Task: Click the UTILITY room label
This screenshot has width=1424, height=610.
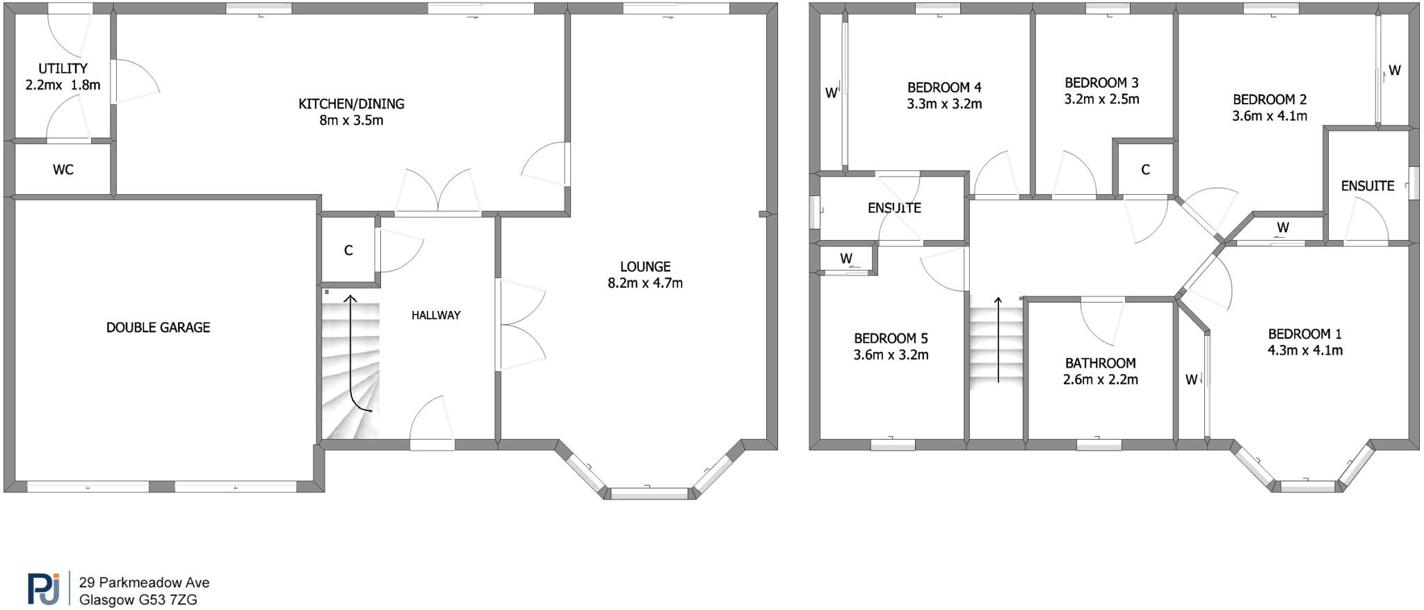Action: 63,68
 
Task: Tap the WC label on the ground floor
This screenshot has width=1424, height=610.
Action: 63,170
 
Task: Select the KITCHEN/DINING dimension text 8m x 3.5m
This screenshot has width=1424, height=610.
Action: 351,120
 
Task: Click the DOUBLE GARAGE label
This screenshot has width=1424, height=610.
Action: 158,328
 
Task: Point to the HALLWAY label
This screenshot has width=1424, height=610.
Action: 436,315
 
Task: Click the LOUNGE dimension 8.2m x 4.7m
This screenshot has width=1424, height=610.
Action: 645,283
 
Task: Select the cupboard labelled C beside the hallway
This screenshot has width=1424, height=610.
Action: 348,250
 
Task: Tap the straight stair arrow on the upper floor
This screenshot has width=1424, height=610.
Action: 998,341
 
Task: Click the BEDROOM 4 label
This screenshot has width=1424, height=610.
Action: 944,88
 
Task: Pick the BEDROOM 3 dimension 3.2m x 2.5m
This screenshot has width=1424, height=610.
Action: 1101,99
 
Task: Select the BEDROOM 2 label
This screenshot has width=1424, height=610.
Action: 1270,99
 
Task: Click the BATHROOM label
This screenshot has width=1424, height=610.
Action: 1101,363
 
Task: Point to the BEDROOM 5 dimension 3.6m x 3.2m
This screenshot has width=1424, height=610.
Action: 891,355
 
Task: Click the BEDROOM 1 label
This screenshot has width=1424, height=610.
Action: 1305,334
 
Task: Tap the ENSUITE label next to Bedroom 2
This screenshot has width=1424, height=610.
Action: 1368,186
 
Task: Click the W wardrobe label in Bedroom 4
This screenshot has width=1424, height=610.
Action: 831,93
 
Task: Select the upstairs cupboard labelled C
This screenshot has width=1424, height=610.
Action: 1145,170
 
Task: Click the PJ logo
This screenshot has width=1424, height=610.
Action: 43,588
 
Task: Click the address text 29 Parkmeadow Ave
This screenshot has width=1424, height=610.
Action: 144,583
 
